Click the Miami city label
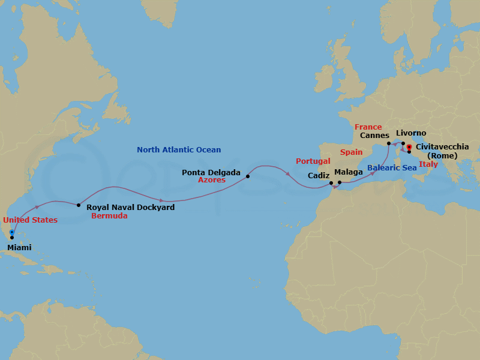(x=19, y=247)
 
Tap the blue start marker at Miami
(x=12, y=233)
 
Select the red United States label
(x=30, y=220)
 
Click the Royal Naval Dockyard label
(x=131, y=208)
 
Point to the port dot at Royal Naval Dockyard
(x=79, y=205)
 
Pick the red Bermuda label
(x=109, y=216)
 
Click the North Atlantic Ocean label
(x=179, y=150)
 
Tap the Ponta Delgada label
(x=211, y=172)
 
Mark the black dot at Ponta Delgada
(x=247, y=176)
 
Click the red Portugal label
(x=313, y=161)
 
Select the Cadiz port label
(x=318, y=176)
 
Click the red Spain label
(x=351, y=152)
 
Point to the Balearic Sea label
(x=392, y=168)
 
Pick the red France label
(x=368, y=127)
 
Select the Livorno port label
(x=412, y=133)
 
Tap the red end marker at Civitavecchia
(x=409, y=147)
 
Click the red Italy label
(x=428, y=164)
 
